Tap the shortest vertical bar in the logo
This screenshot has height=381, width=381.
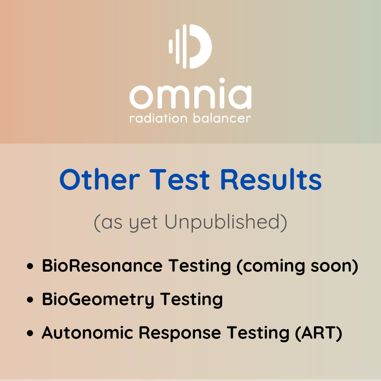pyautogui.click(x=171, y=46)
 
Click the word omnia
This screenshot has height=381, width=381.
pyautogui.click(x=190, y=94)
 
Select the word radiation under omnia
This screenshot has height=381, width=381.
pyautogui.click(x=158, y=118)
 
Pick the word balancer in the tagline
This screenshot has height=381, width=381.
pyautogui.click(x=222, y=118)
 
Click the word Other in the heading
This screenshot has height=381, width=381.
pyautogui.click(x=100, y=179)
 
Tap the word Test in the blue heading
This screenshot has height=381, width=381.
pyautogui.click(x=179, y=179)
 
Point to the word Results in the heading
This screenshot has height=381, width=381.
pyautogui.click(x=271, y=179)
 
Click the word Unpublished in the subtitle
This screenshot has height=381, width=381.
pyautogui.click(x=226, y=223)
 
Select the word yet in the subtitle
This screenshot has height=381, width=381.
pyautogui.click(x=143, y=224)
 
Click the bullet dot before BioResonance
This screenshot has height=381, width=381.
pyautogui.click(x=30, y=266)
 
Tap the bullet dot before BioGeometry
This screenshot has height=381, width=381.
pyautogui.click(x=30, y=299)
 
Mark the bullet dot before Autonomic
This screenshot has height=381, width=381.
pyautogui.click(x=30, y=333)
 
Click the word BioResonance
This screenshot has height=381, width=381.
pyautogui.click(x=102, y=266)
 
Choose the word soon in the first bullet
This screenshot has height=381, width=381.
pyautogui.click(x=331, y=267)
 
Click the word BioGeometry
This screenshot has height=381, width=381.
pyautogui.click(x=98, y=300)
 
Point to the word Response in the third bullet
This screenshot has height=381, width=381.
pyautogui.click(x=180, y=333)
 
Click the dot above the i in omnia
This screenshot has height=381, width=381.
pyautogui.click(x=222, y=81)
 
